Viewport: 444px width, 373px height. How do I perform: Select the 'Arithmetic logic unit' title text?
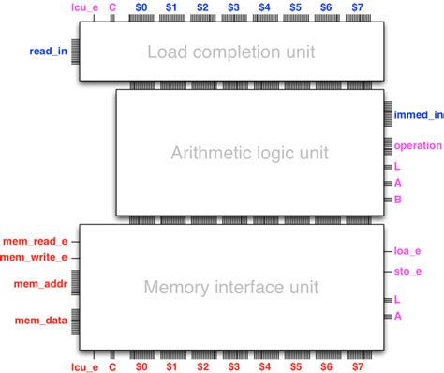(x=250, y=153)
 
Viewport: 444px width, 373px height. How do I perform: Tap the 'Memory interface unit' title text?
(x=230, y=286)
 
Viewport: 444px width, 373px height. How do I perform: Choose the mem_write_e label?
(x=34, y=257)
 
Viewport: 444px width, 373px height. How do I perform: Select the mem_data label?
(x=41, y=321)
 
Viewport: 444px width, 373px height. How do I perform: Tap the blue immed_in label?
(x=418, y=115)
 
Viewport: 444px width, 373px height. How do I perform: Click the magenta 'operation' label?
(x=418, y=145)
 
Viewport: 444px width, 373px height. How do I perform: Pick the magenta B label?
(x=398, y=200)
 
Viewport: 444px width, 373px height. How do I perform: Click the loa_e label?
(x=407, y=251)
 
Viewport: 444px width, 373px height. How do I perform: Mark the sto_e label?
(x=407, y=272)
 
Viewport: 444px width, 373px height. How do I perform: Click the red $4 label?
(x=265, y=366)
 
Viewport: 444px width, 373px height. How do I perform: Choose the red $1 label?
(x=172, y=366)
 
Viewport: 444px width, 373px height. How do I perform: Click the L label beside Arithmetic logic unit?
(x=398, y=166)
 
